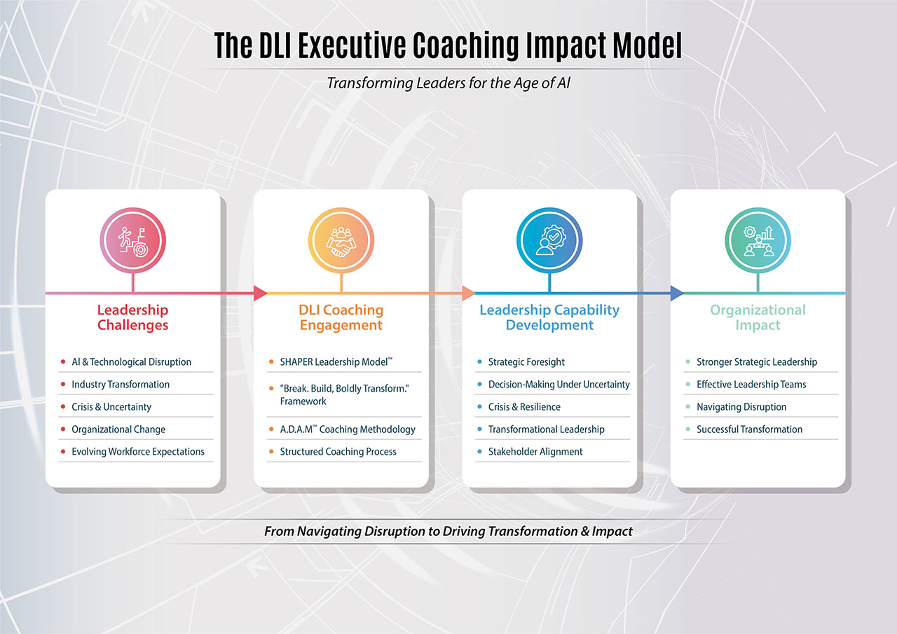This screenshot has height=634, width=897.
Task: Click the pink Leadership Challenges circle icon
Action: click(x=133, y=240)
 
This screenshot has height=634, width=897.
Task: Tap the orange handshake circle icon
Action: click(x=341, y=240)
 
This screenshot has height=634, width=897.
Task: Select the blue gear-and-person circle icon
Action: click(x=549, y=240)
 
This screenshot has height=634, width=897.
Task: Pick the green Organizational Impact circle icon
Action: click(x=758, y=240)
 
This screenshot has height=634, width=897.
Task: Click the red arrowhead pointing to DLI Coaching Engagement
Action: click(x=260, y=294)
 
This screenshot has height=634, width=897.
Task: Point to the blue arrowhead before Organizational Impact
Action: click(x=677, y=294)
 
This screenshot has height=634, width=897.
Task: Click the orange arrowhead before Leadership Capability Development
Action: click(x=469, y=294)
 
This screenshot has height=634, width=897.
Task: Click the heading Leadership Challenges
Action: click(x=133, y=317)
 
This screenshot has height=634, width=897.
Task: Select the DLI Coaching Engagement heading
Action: click(x=341, y=317)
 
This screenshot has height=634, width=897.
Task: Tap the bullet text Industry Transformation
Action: click(x=121, y=384)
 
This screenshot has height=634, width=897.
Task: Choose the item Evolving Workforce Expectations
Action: click(x=138, y=451)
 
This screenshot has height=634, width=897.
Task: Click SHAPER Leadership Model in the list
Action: click(x=336, y=361)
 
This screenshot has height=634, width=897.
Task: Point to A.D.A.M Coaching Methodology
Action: click(x=348, y=429)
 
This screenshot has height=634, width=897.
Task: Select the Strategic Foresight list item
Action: click(x=526, y=361)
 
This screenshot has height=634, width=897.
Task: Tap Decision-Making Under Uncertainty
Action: click(x=559, y=384)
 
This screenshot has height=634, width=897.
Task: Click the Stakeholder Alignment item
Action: click(x=535, y=451)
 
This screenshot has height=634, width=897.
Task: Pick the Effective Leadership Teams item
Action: click(x=751, y=384)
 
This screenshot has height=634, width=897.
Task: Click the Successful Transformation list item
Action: click(x=750, y=429)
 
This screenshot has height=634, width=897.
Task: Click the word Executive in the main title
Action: click(x=352, y=46)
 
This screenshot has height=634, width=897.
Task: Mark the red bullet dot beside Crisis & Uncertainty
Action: click(x=63, y=406)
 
